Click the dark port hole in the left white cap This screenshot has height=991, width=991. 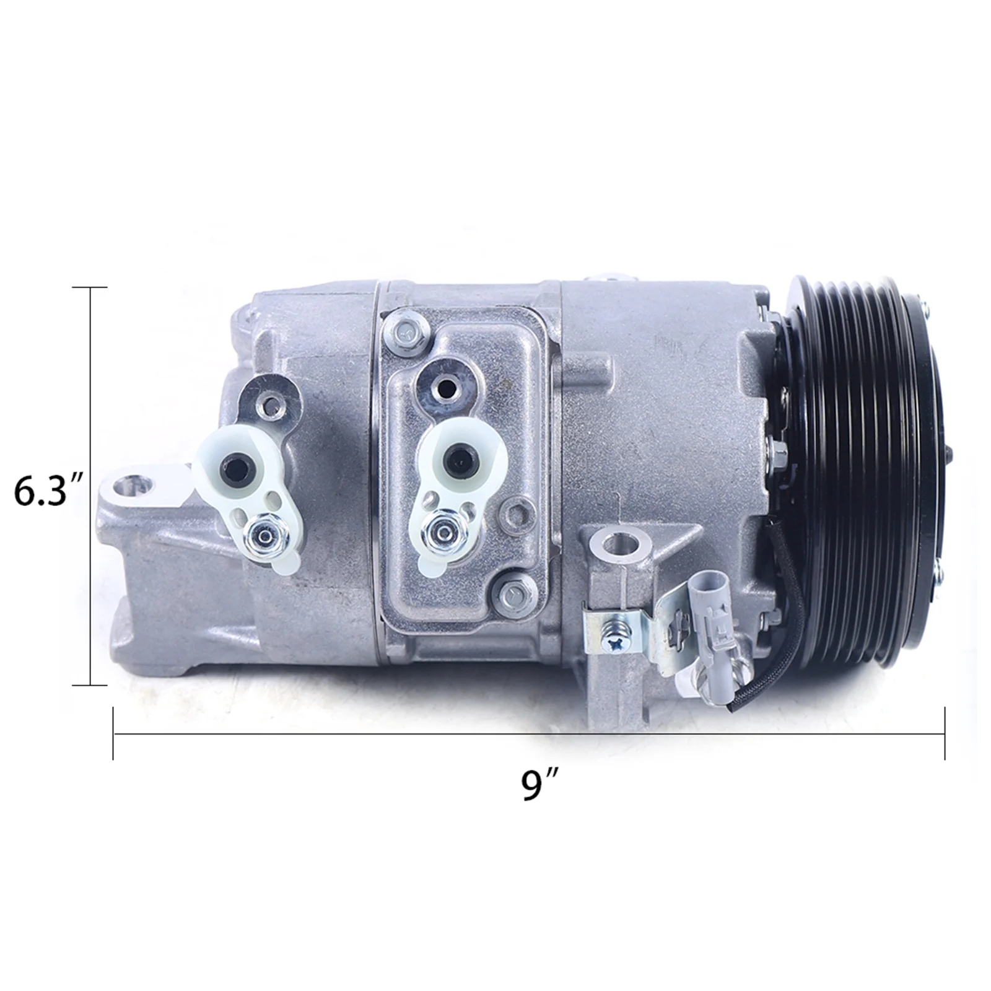point(238,464)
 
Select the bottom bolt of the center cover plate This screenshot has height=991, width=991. point(511,595)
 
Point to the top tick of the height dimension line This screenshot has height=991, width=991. point(92,288)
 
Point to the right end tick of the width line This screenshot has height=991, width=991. point(944,733)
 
